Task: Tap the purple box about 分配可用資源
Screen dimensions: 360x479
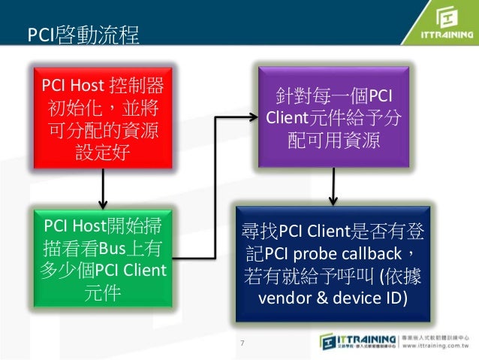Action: pos(333,117)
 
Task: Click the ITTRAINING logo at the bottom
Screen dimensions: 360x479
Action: pos(359,340)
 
